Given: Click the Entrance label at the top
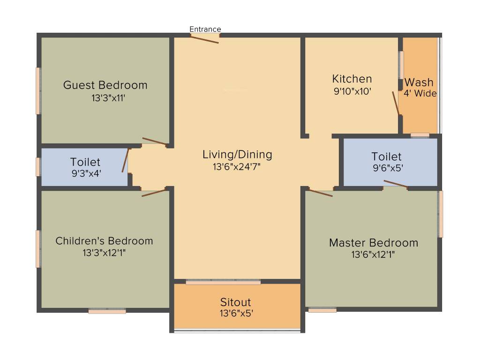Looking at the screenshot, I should click(205, 29).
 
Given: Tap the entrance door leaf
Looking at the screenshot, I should click(205, 39).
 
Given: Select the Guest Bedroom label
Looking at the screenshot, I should click(105, 85).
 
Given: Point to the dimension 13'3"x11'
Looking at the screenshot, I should click(109, 98).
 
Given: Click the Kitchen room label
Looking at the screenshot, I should click(352, 79).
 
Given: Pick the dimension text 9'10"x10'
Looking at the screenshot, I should click(352, 92).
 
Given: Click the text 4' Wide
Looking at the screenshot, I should click(420, 93).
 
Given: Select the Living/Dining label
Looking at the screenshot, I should click(237, 154).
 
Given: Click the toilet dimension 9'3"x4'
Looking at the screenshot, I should click(85, 172).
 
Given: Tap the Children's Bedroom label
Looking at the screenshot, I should click(104, 241).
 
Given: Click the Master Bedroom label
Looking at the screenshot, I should click(374, 243).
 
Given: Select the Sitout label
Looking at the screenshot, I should click(236, 302).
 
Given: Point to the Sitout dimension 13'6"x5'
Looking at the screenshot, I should click(236, 313).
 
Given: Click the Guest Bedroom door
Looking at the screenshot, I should click(154, 142).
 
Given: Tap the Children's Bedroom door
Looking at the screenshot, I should click(154, 193).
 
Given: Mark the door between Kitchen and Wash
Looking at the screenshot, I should click(396, 103).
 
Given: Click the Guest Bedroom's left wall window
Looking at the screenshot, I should click(38, 90).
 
